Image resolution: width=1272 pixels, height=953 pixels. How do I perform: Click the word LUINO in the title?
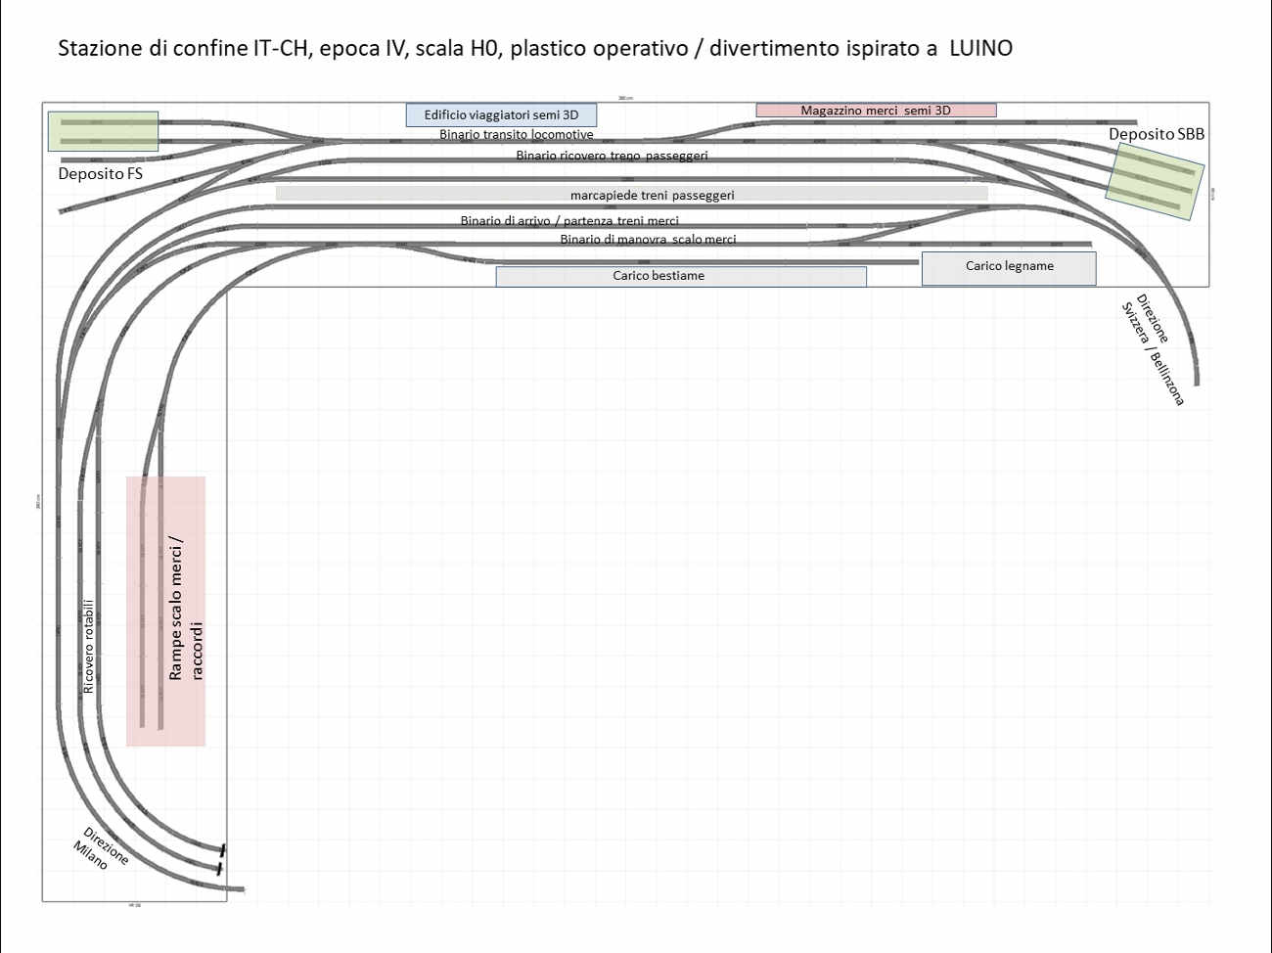(980, 48)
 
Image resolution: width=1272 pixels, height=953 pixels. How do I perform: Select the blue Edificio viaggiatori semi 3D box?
(501, 114)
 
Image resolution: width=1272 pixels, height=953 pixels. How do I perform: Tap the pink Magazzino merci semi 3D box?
(876, 111)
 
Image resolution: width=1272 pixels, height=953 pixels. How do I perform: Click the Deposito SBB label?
(1156, 134)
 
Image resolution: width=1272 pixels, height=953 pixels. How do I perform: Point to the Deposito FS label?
(100, 173)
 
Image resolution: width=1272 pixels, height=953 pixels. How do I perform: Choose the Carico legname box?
(1009, 266)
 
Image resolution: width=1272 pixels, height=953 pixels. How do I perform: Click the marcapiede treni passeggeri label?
(652, 195)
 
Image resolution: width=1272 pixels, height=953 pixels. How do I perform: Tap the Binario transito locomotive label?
(516, 135)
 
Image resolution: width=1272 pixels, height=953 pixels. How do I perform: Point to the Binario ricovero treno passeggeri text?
(612, 156)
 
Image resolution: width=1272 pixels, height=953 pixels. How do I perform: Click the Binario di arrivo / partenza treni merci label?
(569, 221)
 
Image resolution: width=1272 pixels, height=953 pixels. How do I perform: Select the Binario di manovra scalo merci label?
(648, 240)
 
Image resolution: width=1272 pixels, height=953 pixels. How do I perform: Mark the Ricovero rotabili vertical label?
(89, 647)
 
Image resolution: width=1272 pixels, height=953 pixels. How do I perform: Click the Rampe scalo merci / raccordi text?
(186, 608)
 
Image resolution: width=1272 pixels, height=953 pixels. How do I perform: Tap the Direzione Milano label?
(100, 849)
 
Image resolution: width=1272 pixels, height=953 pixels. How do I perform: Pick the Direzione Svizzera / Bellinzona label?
(1153, 349)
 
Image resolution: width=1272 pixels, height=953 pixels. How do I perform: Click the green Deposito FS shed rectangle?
(103, 131)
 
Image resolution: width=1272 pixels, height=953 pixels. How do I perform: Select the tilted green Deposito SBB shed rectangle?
(1154, 181)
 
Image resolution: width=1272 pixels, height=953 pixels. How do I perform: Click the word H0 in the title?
(483, 48)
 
